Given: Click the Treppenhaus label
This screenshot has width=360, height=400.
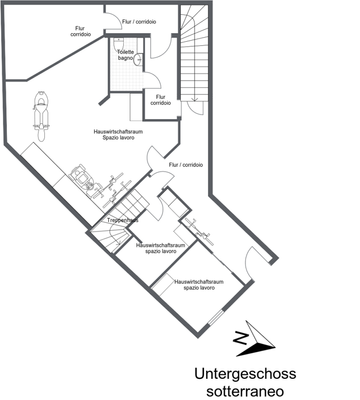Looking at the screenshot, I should pyautogui.click(x=121, y=221).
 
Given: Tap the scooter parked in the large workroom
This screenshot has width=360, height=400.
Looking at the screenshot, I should pyautogui.click(x=41, y=111).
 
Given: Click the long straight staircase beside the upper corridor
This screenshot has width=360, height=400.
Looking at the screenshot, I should pyautogui.click(x=192, y=60).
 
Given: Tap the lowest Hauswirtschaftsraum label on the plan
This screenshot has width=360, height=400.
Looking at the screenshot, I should pyautogui.click(x=197, y=285).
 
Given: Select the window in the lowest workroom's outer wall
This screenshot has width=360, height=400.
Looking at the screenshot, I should pyautogui.click(x=215, y=318).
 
